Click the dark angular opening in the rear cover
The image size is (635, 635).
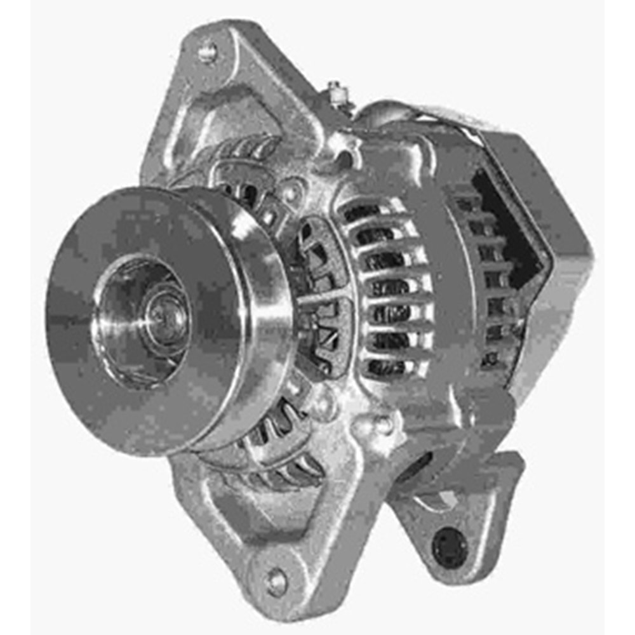pos(508,222)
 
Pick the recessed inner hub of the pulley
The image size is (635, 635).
pos(127,317)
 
